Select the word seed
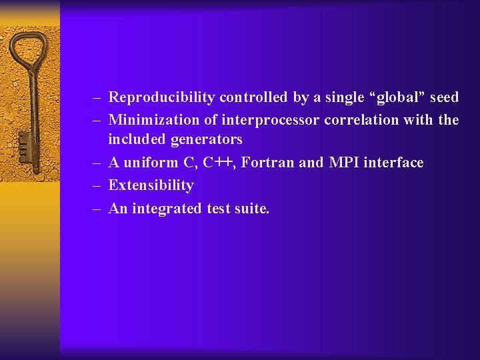[444, 98]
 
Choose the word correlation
[363, 121]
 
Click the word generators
[207, 140]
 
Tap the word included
[137, 140]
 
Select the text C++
[218, 163]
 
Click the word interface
[393, 163]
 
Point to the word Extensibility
[151, 185]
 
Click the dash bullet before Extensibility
[97, 186]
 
